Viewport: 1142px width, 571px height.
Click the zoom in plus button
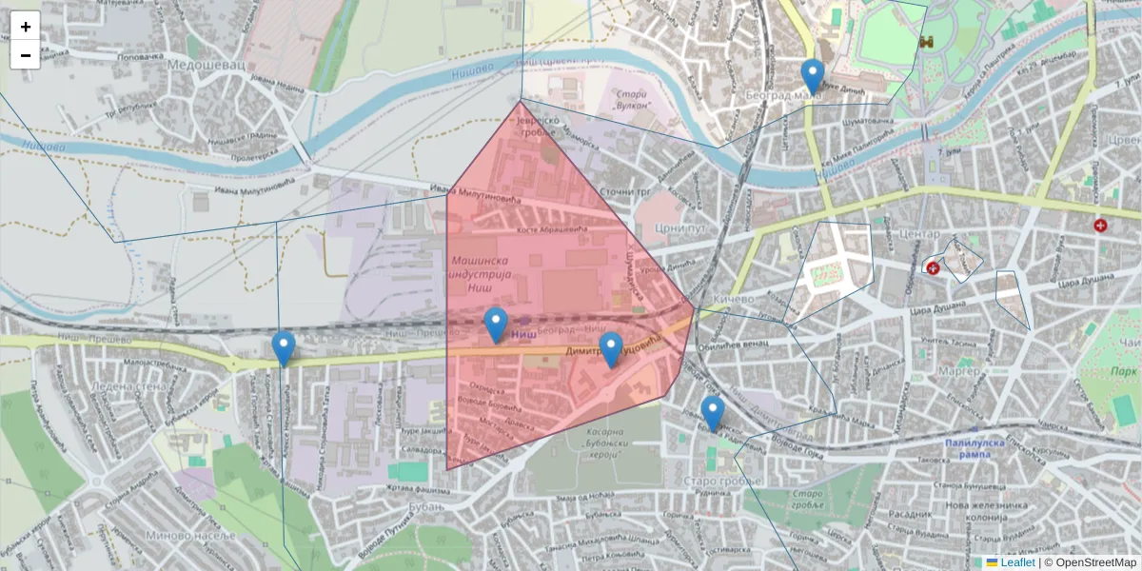point(26,26)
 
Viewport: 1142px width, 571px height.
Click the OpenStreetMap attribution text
point(1095,562)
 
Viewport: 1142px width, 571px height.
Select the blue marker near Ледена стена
point(283,348)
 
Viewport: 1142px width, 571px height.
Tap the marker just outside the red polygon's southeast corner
point(712,414)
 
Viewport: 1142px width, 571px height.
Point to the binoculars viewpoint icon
point(925,41)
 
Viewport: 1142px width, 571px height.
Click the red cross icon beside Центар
point(933,268)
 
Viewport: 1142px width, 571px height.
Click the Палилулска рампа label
point(980,449)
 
